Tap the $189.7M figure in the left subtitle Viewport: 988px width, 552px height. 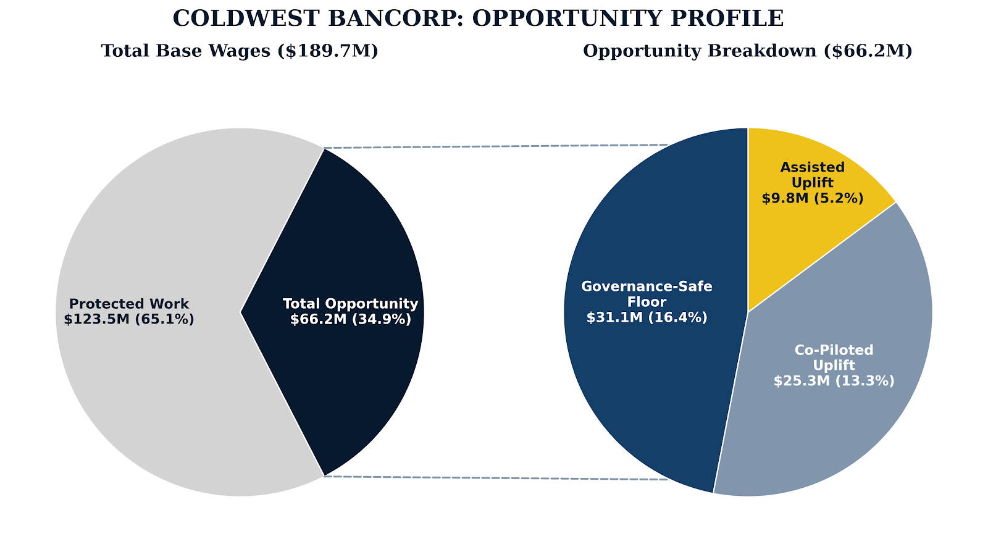click(x=328, y=51)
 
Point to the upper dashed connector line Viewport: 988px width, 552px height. click(x=494, y=146)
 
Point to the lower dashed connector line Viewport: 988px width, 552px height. click(x=494, y=478)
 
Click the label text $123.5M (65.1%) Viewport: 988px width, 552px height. click(x=129, y=319)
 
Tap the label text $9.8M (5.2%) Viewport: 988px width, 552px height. click(x=812, y=198)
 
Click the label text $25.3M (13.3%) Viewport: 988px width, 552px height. click(x=834, y=381)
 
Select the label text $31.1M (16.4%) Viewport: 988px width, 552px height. click(x=647, y=317)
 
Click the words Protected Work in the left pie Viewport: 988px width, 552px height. click(x=129, y=304)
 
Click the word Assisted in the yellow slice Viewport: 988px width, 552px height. click(x=812, y=167)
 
